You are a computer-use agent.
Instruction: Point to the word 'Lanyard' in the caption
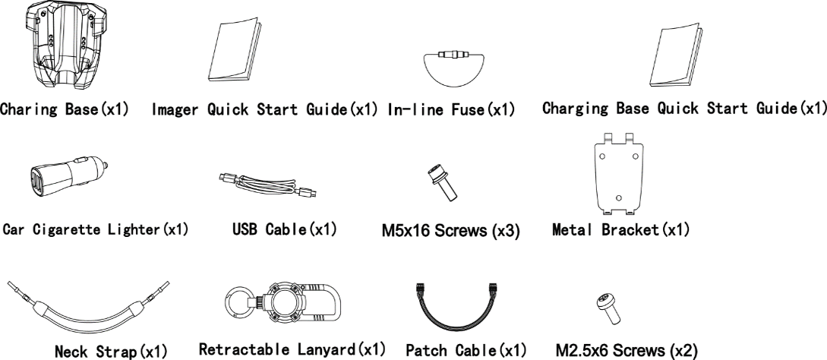pos(327,350)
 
